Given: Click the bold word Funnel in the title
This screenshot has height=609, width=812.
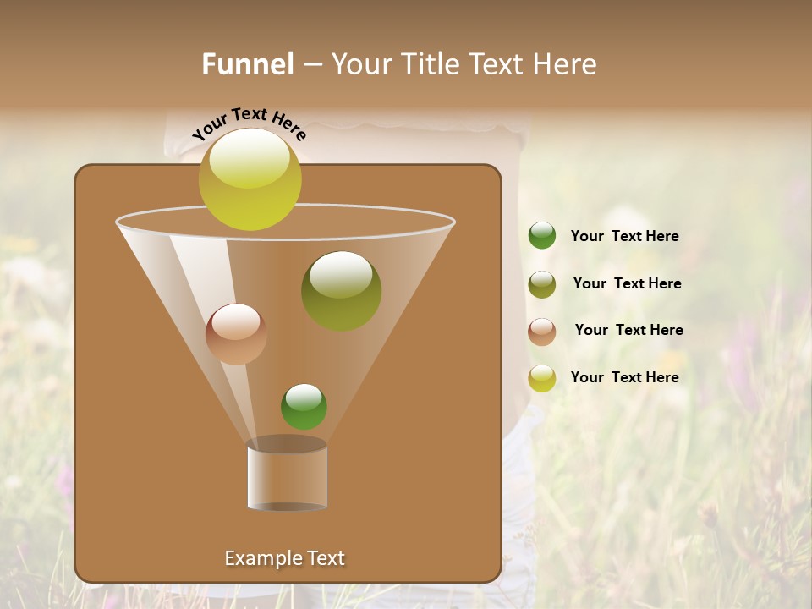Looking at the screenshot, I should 248,64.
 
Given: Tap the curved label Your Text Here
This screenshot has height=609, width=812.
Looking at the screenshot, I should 249,123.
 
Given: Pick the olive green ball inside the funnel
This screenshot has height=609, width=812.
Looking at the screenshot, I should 341,291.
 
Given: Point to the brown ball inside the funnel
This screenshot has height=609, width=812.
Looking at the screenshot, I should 236,334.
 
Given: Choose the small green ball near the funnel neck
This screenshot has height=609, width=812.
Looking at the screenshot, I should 304,407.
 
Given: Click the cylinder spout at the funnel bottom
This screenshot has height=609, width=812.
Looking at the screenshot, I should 288,475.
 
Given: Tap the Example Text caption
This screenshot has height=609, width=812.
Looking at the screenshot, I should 284,558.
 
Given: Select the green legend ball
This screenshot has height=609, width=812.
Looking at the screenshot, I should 542,236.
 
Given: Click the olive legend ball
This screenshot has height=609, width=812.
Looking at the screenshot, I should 542,284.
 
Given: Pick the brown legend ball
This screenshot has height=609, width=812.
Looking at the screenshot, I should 542,332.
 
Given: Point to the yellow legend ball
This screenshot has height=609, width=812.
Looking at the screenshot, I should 542,378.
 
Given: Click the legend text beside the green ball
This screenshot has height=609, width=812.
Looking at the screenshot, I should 624,237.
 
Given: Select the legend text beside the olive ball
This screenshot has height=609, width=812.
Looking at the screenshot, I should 627,284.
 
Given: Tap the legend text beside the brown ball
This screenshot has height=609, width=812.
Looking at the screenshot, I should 628,331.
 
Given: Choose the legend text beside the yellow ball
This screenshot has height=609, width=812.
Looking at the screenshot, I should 624,377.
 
